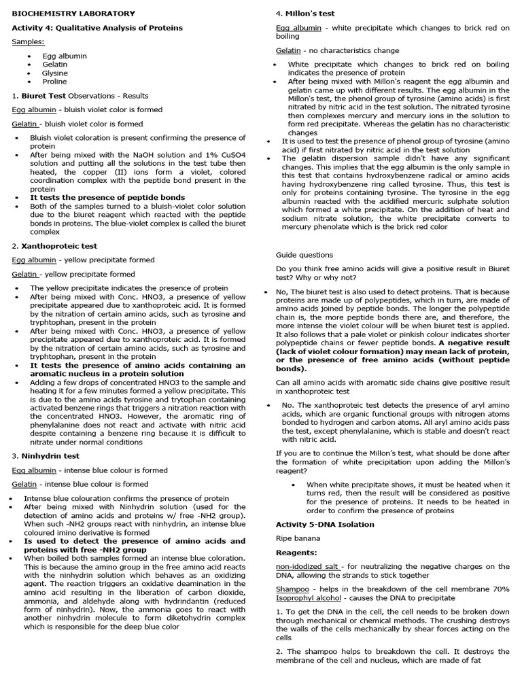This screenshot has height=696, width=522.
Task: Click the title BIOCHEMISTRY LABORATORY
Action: [x=73, y=14]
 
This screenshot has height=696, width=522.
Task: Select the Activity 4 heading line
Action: [x=97, y=28]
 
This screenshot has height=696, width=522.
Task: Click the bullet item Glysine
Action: [x=55, y=73]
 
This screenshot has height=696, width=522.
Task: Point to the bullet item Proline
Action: [x=54, y=82]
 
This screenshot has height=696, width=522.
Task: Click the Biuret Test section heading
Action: [x=43, y=96]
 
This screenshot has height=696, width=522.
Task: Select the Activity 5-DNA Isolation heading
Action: [x=325, y=525]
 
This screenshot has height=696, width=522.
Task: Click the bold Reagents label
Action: [x=296, y=553]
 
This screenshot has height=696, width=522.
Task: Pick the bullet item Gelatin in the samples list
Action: [x=55, y=65]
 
